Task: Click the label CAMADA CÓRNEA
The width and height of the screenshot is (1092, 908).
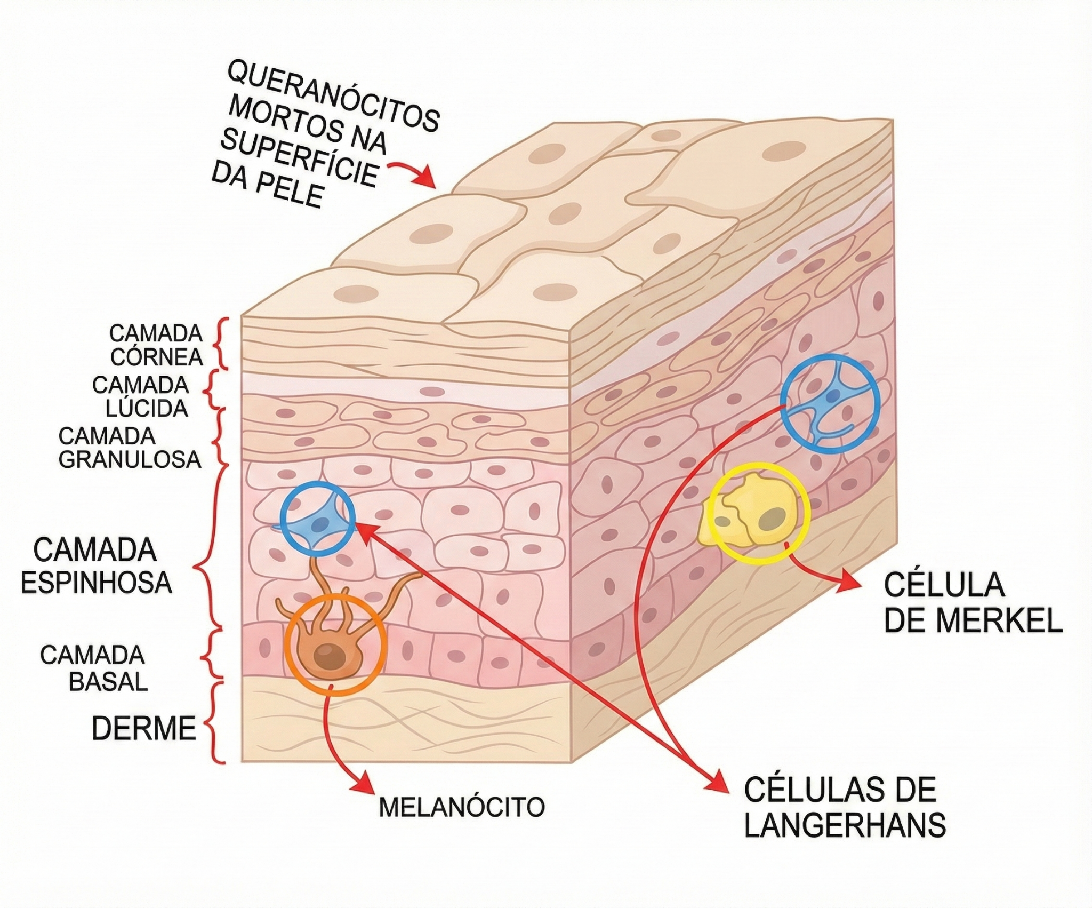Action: [156, 345]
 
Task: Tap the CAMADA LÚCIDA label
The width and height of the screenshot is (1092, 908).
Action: [141, 396]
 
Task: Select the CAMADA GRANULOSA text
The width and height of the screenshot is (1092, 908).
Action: [130, 448]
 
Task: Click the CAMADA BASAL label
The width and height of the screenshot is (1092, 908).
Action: [93, 668]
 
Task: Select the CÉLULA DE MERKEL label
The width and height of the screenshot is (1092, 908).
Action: [973, 603]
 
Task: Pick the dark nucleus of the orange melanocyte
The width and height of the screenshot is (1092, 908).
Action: [326, 654]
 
